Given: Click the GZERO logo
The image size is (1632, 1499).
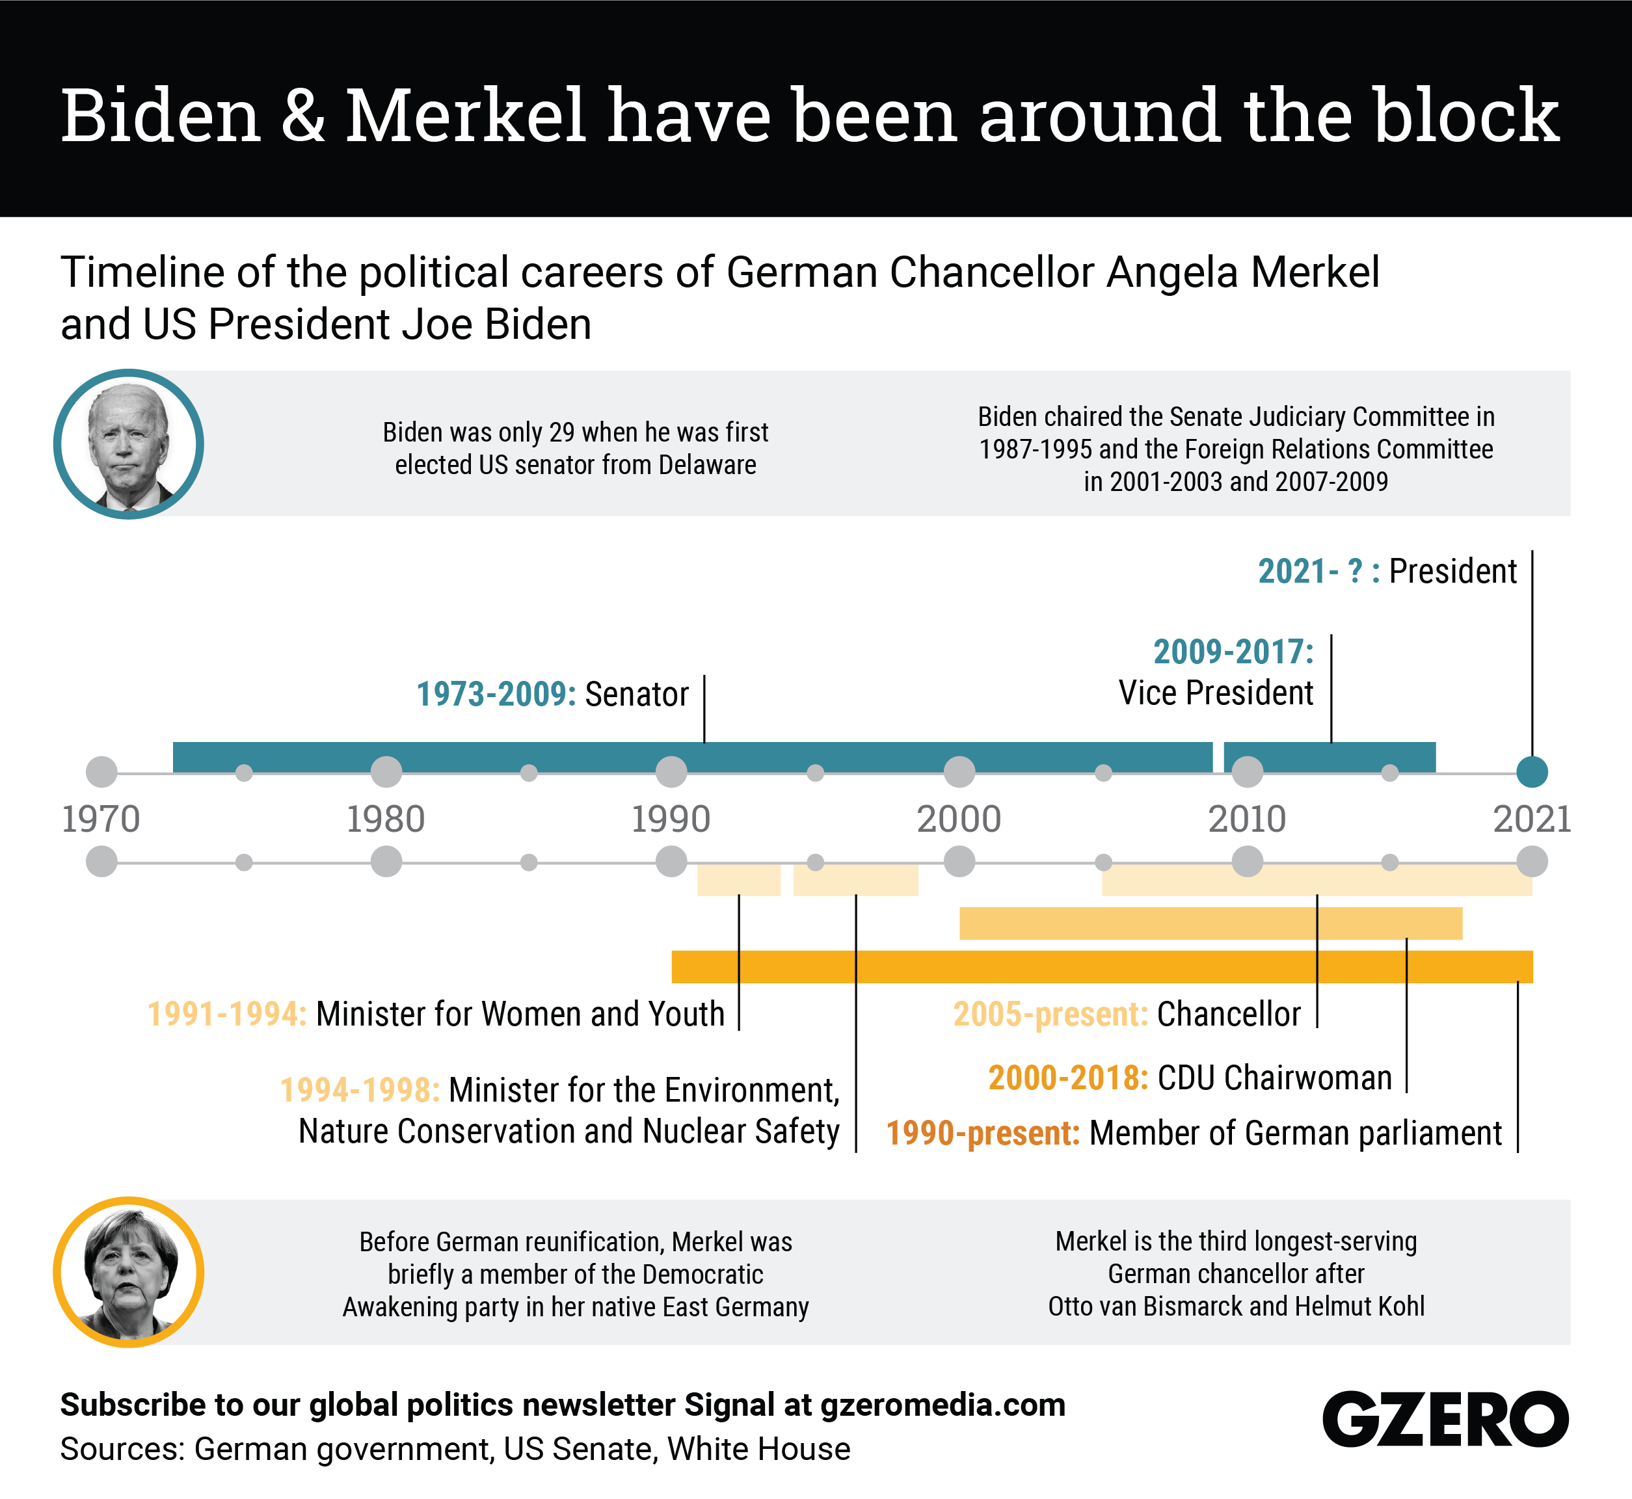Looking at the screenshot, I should tap(1445, 1419).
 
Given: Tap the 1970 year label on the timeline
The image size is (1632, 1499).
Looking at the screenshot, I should tap(101, 819).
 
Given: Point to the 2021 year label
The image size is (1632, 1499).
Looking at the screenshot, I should tap(1531, 819).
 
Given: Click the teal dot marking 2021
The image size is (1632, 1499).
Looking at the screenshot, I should tap(1531, 771).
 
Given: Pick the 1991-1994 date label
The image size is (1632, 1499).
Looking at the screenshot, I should tap(227, 1014).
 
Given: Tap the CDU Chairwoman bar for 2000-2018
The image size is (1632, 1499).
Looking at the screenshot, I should tap(1211, 923).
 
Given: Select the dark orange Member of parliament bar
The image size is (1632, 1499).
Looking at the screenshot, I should tap(1101, 967).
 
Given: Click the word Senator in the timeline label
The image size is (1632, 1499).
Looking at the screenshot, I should tap(637, 695).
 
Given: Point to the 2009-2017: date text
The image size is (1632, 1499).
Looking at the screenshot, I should tap(1233, 652).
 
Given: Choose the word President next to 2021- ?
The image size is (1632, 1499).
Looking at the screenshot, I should tap(1452, 571).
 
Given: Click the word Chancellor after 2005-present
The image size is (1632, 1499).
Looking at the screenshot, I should tap(1228, 1014).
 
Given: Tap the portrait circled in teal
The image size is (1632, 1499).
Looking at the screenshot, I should tap(128, 445).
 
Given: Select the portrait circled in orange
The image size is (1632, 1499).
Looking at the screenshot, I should tap(128, 1272).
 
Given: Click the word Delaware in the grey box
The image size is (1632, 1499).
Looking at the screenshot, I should tap(707, 465).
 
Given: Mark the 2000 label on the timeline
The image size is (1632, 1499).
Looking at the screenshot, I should tap(959, 819).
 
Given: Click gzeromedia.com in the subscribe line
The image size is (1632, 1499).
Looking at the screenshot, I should tap(943, 1405).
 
